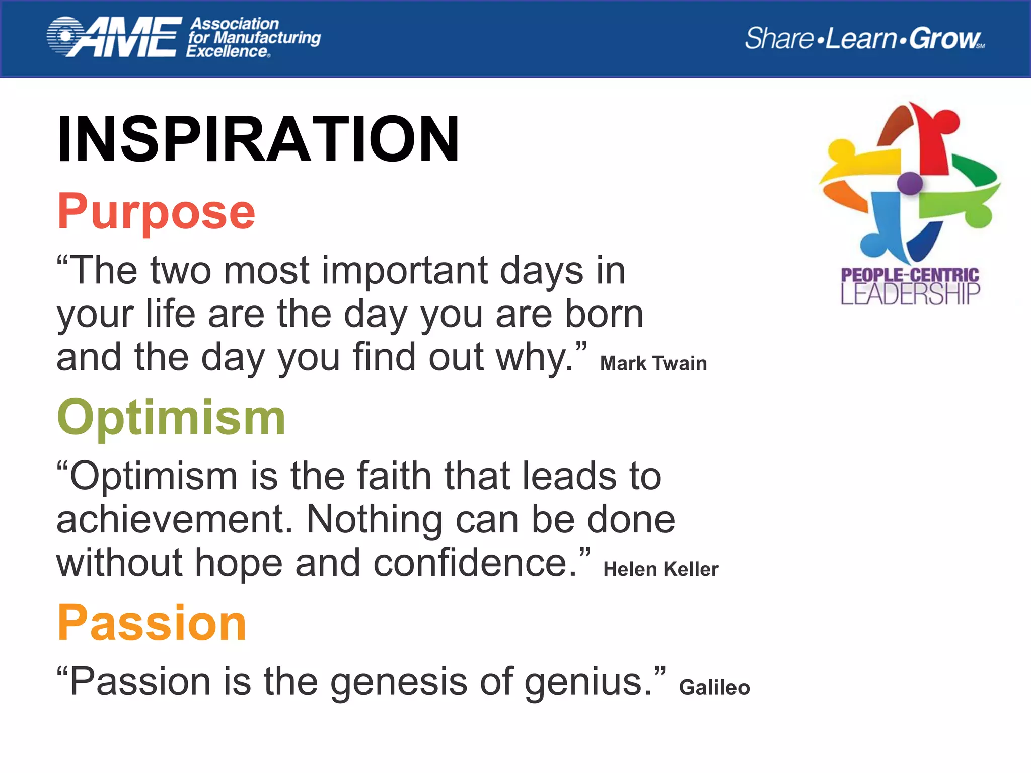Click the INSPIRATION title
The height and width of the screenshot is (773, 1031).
pyautogui.click(x=258, y=139)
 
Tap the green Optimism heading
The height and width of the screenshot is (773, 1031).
pyautogui.click(x=171, y=418)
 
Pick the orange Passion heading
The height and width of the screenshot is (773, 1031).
pyautogui.click(x=152, y=623)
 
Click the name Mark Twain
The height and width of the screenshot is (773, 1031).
pyautogui.click(x=653, y=363)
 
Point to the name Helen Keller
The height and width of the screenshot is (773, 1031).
pyautogui.click(x=660, y=569)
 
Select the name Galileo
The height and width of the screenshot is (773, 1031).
pyautogui.click(x=714, y=687)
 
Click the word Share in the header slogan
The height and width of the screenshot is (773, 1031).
pyautogui.click(x=778, y=39)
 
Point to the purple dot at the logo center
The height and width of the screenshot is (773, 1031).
pyautogui.click(x=910, y=183)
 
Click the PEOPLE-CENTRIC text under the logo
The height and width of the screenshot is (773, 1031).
pyautogui.click(x=910, y=275)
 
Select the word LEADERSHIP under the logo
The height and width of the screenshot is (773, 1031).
pyautogui.click(x=910, y=294)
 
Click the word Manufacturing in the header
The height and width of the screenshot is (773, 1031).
pyautogui.click(x=267, y=38)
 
